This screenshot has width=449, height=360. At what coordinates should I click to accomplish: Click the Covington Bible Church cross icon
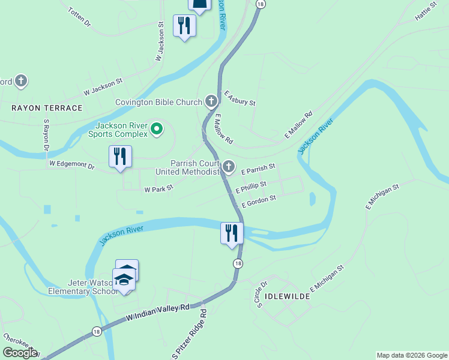coord(211,101)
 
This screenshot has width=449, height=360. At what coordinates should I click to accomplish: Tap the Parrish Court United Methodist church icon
coord(229,166)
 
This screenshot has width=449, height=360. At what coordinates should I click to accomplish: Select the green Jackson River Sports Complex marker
coord(157,128)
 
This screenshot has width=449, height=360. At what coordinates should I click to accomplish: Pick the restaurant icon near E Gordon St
coord(232,233)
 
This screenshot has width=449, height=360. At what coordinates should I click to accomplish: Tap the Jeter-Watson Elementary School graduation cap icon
coord(124,280)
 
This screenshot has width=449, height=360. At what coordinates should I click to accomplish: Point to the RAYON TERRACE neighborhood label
coord(47,108)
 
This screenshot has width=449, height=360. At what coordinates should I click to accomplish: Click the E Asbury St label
coord(240,98)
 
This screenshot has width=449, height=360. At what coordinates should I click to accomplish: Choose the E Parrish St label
coord(258,169)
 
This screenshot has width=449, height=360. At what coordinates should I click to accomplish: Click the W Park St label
coord(158,189)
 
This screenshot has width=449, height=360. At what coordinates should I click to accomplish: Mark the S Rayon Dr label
coord(45,135)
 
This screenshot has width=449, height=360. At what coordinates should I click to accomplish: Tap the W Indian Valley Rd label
coord(158,313)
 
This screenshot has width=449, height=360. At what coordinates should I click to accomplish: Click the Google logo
coord(20,353)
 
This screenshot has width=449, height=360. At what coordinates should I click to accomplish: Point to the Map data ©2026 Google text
coord(412,355)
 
